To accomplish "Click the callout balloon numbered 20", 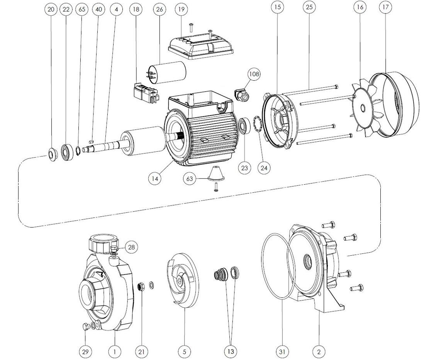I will click(51, 9).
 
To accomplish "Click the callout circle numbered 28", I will click(131, 247).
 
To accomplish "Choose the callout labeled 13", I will click(231, 352).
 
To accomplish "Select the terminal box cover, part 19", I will click(200, 46).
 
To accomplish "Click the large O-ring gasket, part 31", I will click(278, 266).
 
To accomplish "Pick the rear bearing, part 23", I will click(244, 126).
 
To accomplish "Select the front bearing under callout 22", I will click(67, 152).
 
